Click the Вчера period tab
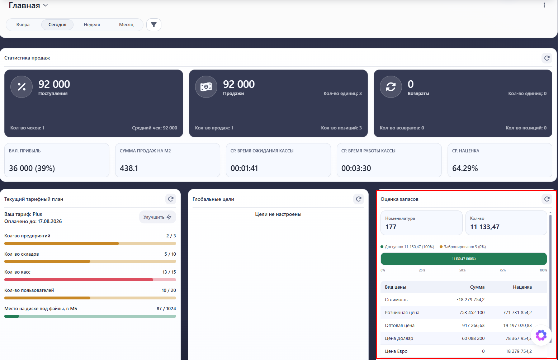click(23, 25)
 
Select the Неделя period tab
click(92, 25)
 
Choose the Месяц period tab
click(126, 25)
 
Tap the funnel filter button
click(154, 25)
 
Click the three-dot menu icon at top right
click(544, 5)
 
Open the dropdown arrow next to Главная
click(45, 5)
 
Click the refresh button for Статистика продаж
click(547, 58)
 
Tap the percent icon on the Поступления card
click(22, 87)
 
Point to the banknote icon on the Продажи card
click(206, 87)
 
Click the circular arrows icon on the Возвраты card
click(391, 87)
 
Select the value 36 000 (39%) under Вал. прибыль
click(32, 168)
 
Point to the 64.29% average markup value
click(465, 168)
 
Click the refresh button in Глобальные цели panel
click(359, 199)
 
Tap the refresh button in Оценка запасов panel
click(547, 199)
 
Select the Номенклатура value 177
click(391, 227)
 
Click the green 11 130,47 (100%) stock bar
click(464, 259)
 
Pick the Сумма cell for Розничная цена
click(472, 312)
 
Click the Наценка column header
click(522, 287)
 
